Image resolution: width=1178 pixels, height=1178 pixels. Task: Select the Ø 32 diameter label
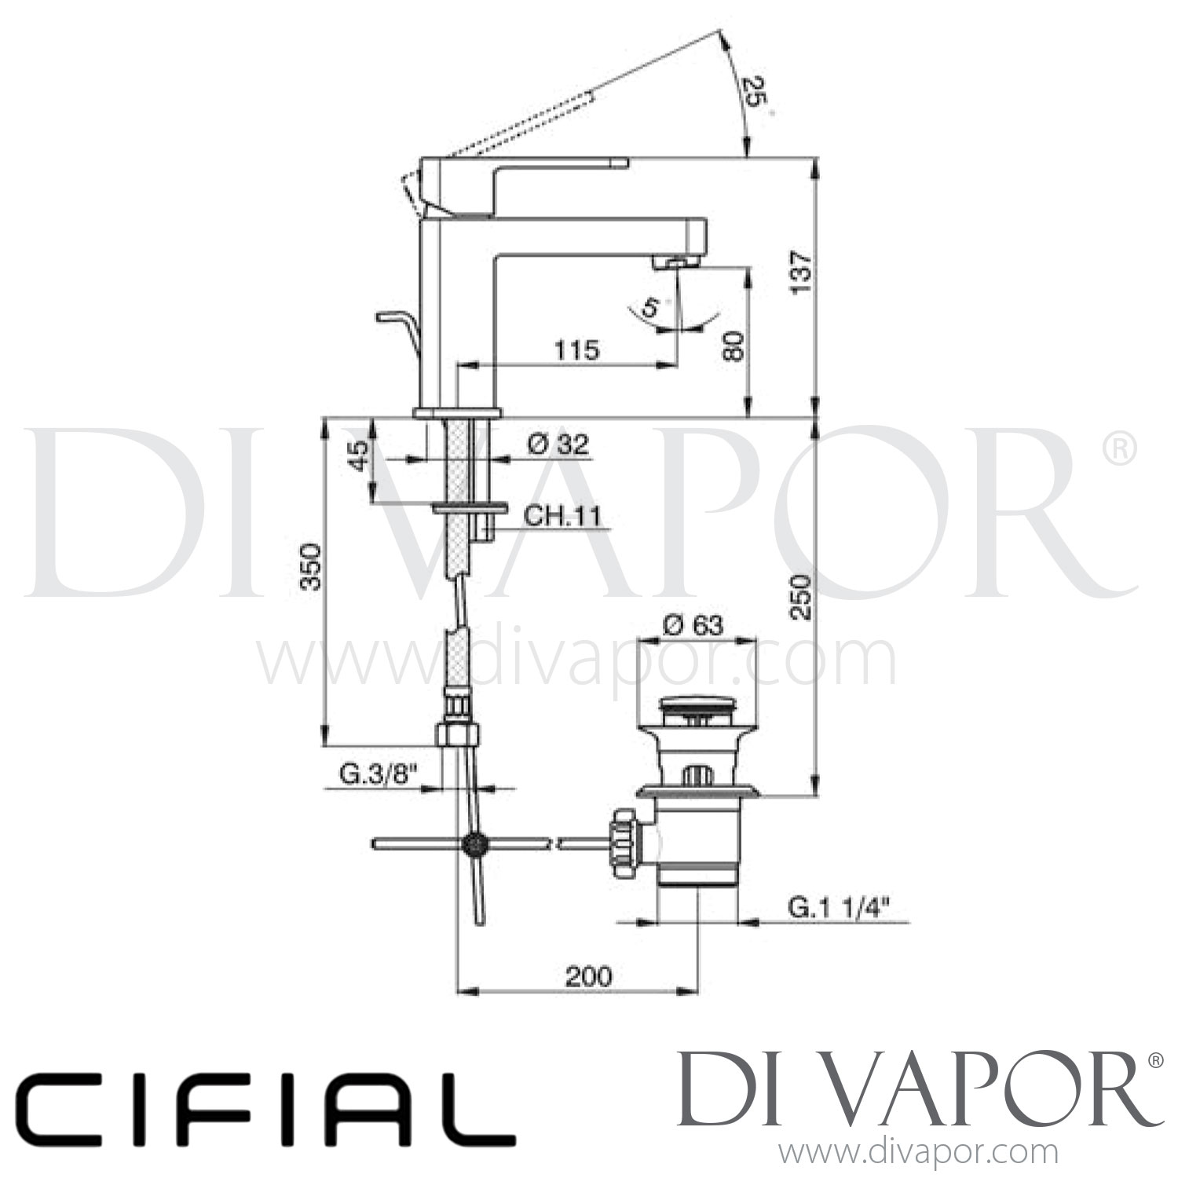coord(557,445)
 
